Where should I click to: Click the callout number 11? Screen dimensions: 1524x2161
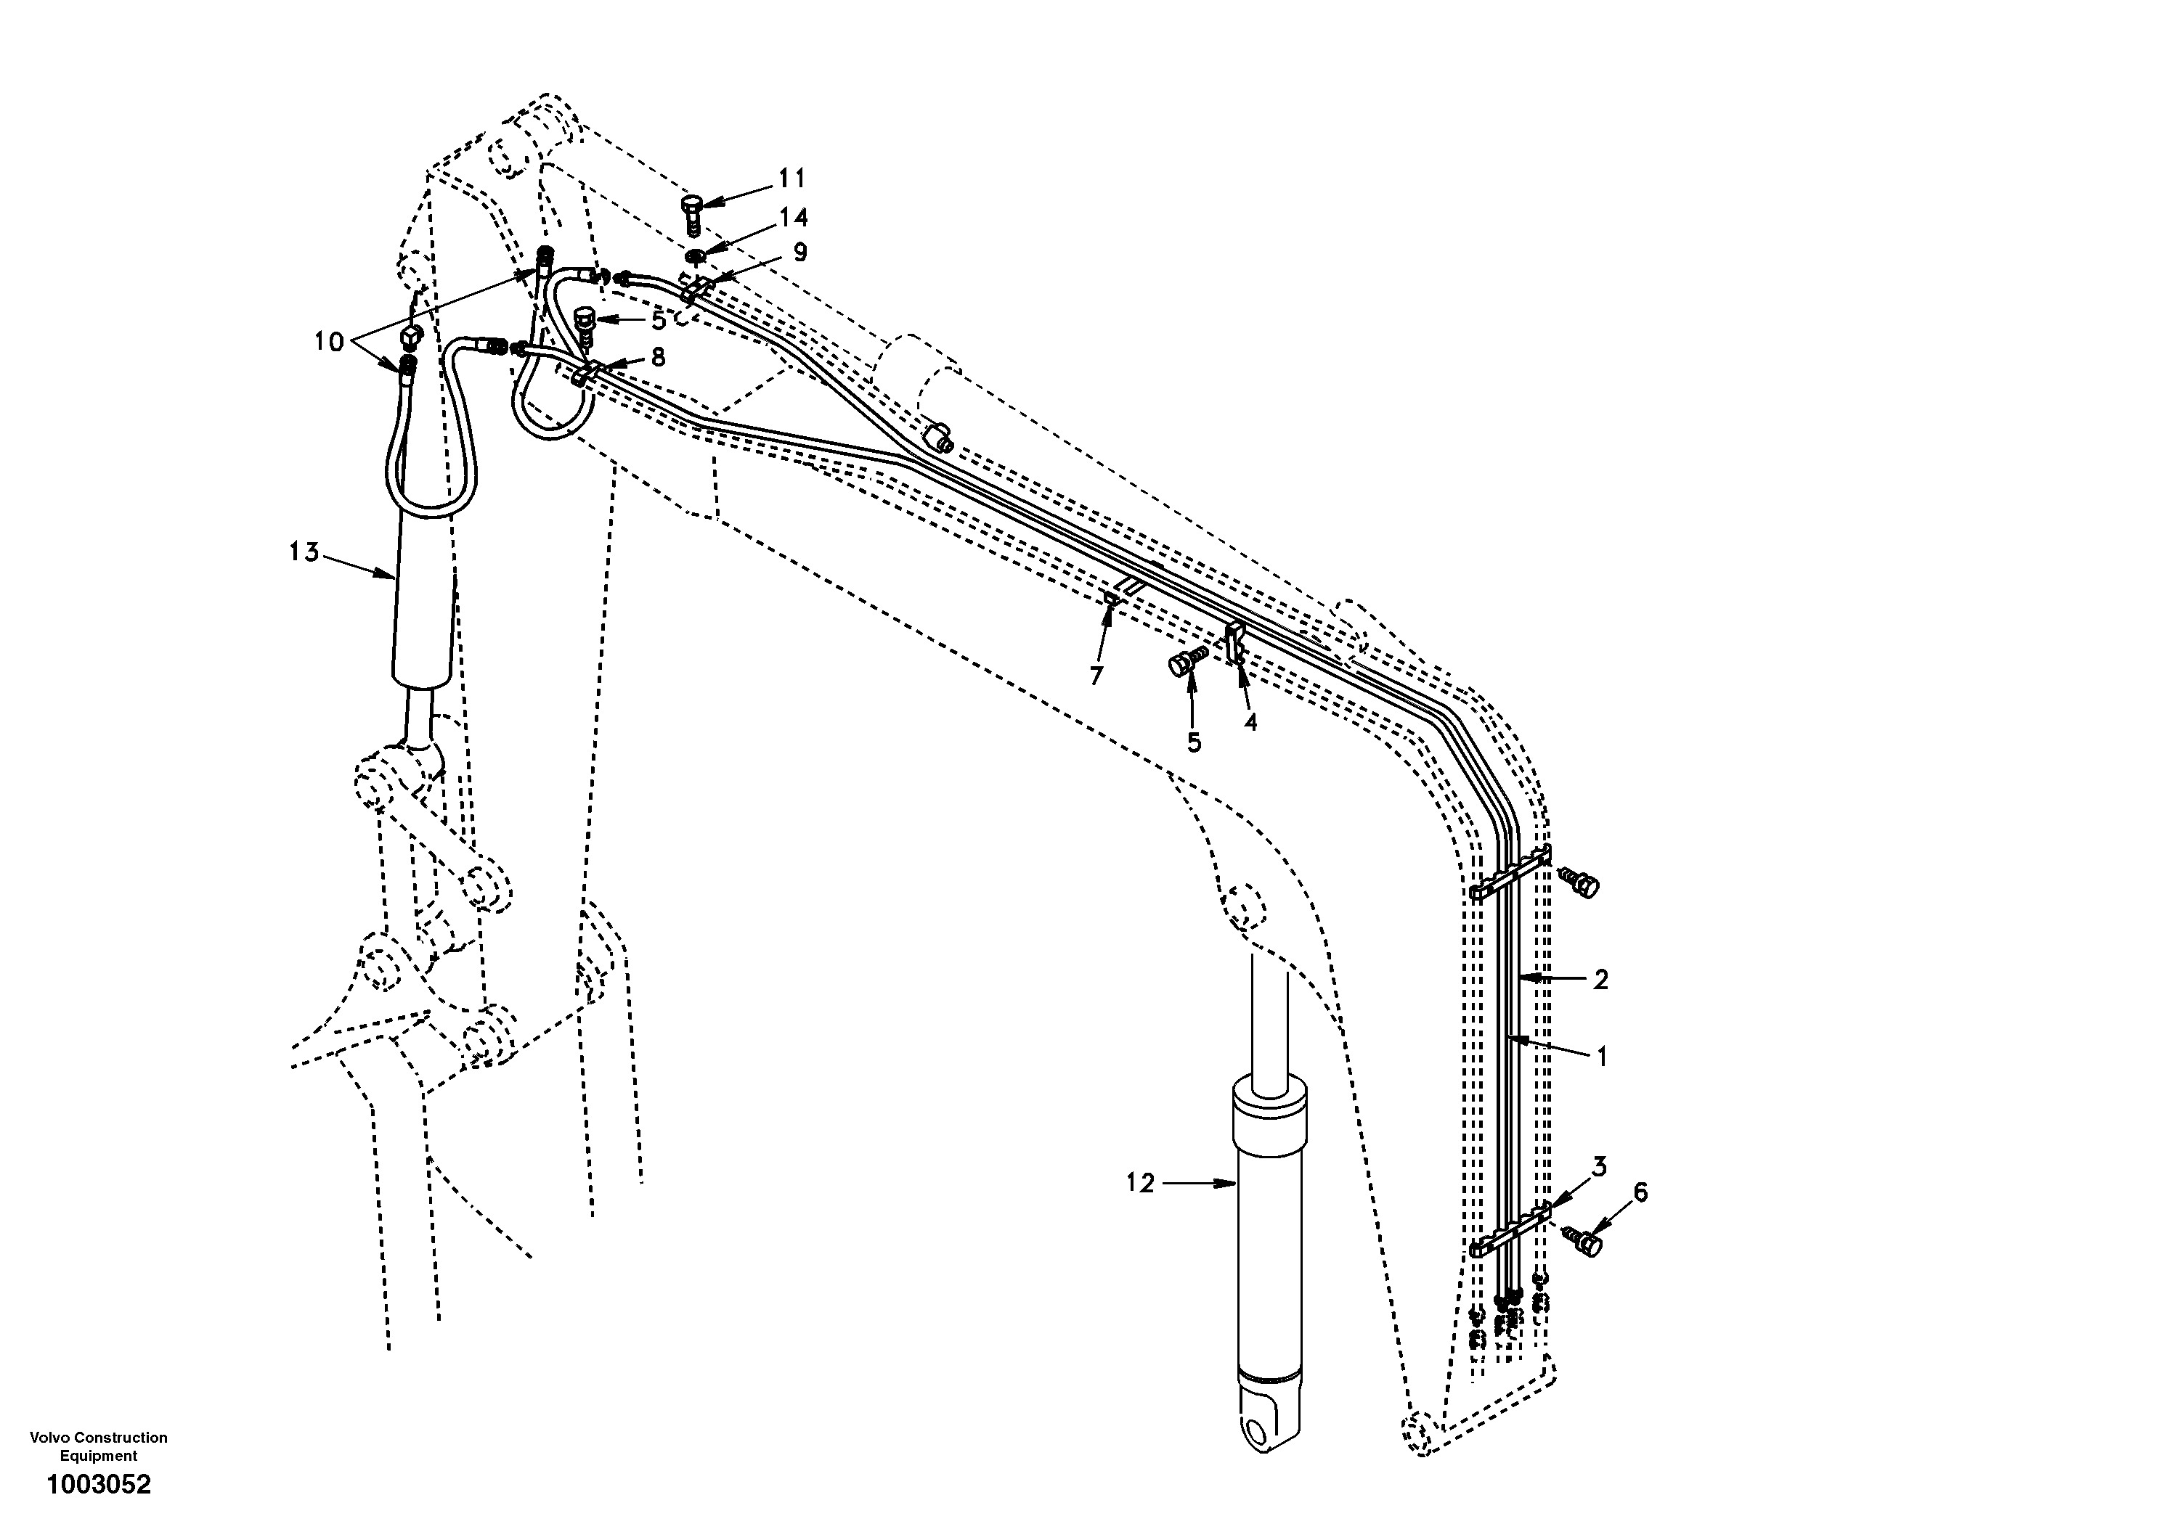point(791,178)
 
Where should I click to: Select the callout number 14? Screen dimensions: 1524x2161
point(792,217)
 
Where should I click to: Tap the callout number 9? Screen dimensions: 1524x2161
point(799,252)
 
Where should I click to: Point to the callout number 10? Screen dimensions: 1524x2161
point(328,342)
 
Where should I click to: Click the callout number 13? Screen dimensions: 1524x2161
point(304,552)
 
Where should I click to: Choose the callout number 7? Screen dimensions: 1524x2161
point(1096,676)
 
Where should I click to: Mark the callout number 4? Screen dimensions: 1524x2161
point(1250,721)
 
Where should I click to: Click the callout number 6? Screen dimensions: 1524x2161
point(1640,1193)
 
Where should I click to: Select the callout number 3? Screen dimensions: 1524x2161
point(1599,1168)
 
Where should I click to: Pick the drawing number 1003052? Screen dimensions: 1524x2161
point(99,1485)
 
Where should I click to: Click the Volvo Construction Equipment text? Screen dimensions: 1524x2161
point(99,1446)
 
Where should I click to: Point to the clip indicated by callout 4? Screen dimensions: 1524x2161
point(1236,642)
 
